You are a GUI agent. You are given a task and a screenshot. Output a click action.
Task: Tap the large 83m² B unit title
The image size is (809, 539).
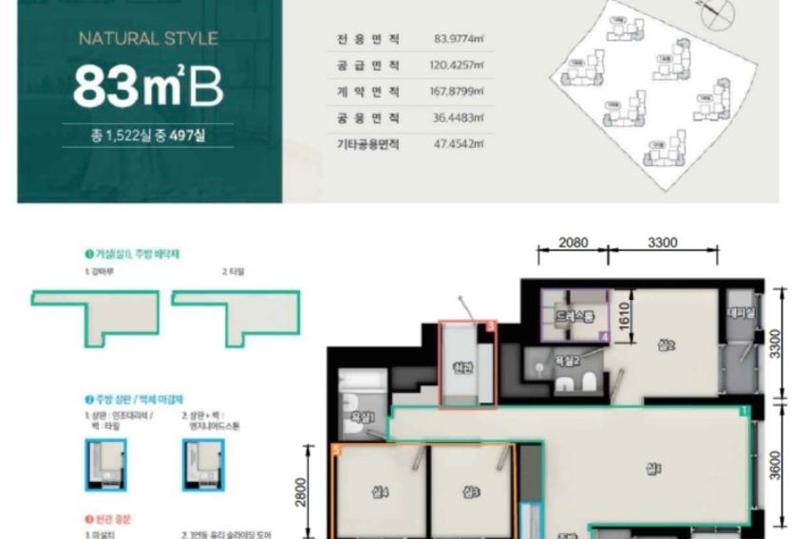148,85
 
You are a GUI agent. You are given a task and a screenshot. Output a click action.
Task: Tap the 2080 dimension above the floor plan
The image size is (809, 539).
573,242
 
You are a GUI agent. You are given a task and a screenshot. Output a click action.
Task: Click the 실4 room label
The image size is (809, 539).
380,492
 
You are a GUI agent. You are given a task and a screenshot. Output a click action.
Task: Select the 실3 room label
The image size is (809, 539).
471,492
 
